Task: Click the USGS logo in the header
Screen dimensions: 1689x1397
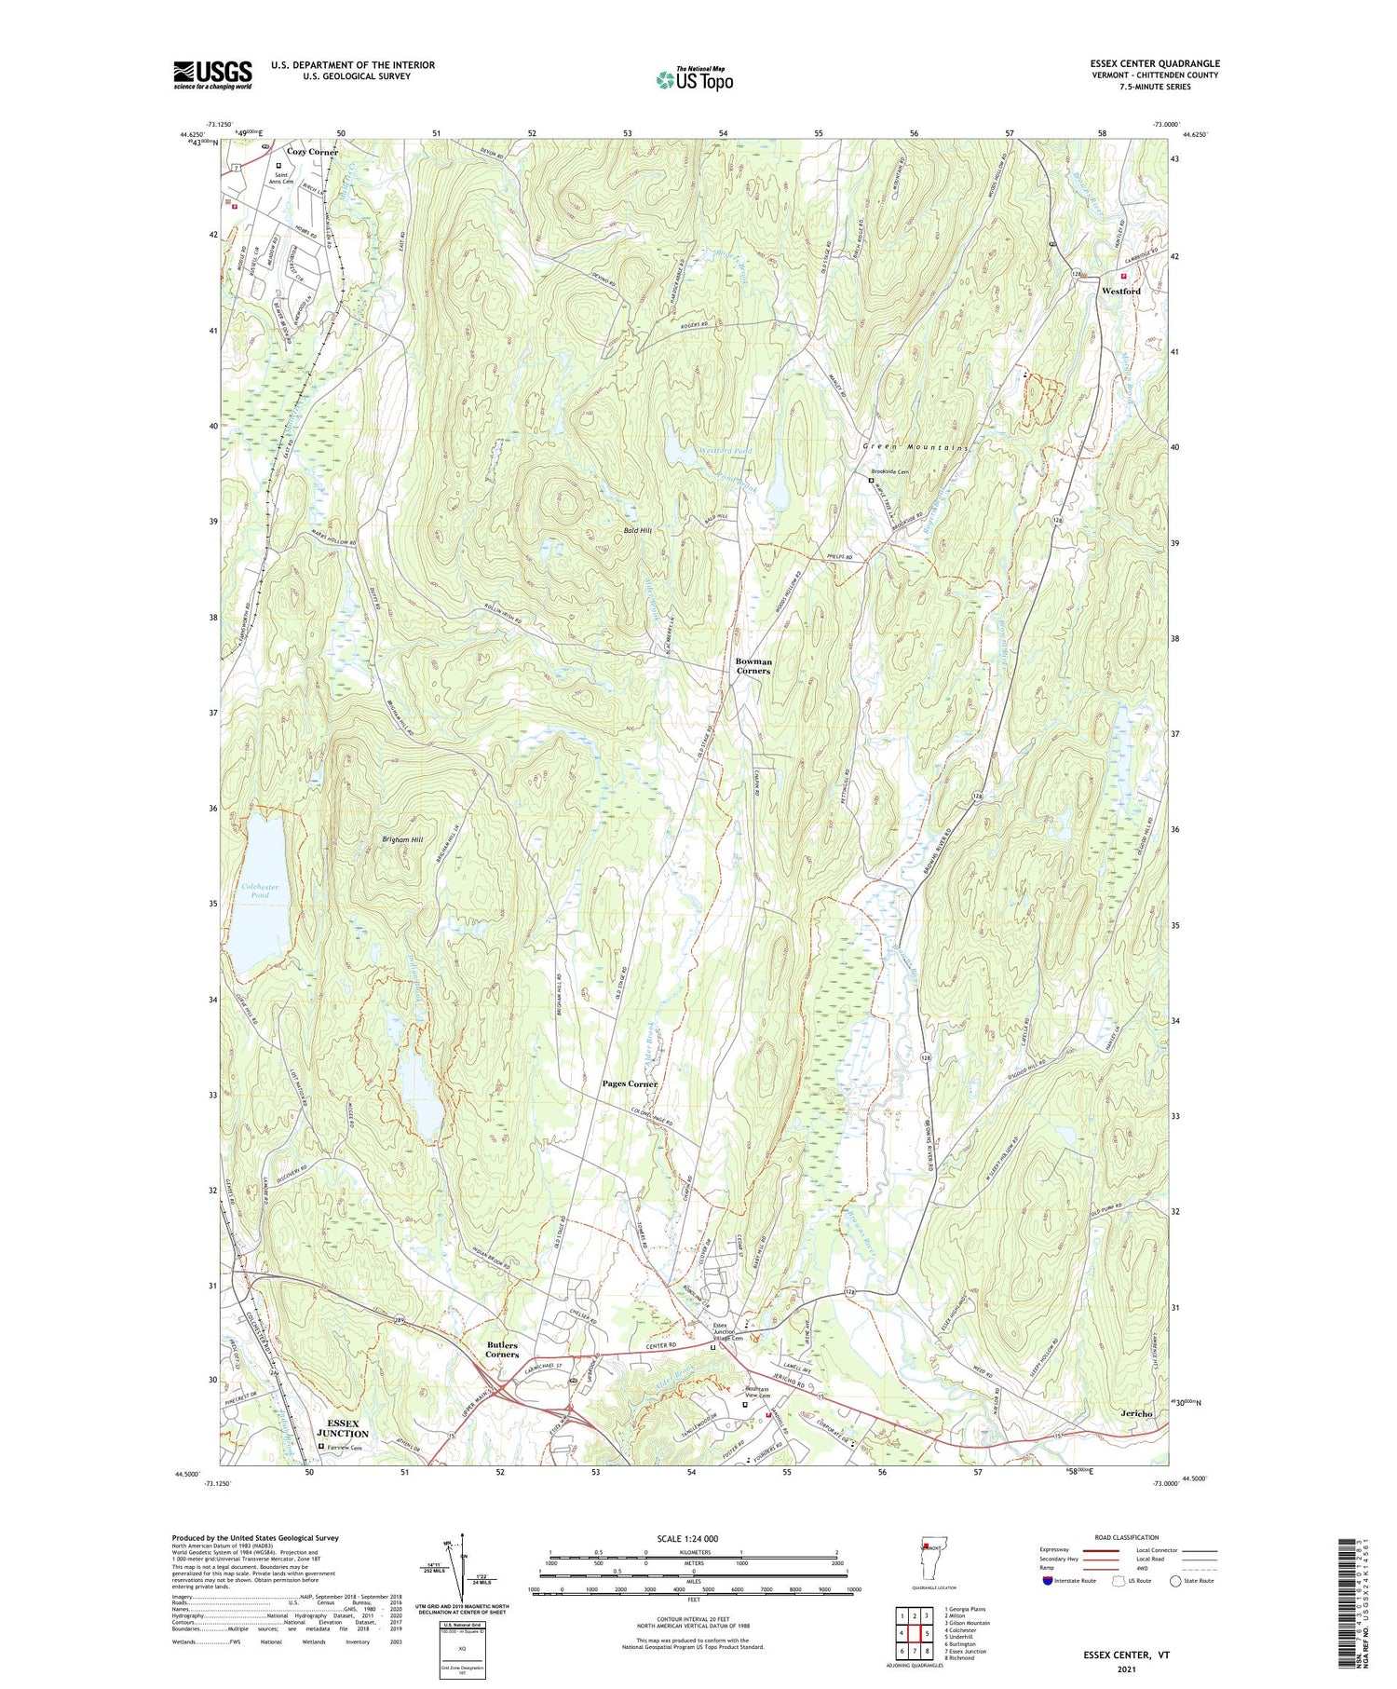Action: coord(212,75)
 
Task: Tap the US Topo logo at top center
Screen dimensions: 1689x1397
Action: coord(695,79)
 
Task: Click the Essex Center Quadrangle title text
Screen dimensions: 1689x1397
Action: coord(1154,63)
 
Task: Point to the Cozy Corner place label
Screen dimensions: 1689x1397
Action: coord(312,151)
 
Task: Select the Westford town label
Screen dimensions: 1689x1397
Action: coord(1120,291)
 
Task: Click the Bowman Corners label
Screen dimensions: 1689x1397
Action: coord(753,665)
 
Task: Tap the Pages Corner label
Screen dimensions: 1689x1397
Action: coord(630,1083)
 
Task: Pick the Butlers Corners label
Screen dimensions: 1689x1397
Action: coord(501,1350)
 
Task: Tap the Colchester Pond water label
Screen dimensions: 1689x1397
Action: coord(260,891)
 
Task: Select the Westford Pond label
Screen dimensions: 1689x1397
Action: coord(726,451)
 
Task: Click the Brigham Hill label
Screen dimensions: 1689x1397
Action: coord(402,839)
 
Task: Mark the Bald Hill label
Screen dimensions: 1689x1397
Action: coord(638,530)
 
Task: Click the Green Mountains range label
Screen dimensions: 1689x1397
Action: coord(915,447)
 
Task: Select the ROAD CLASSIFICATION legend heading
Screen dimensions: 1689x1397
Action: coord(1127,1537)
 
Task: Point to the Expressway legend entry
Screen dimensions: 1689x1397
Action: coord(1059,1550)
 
